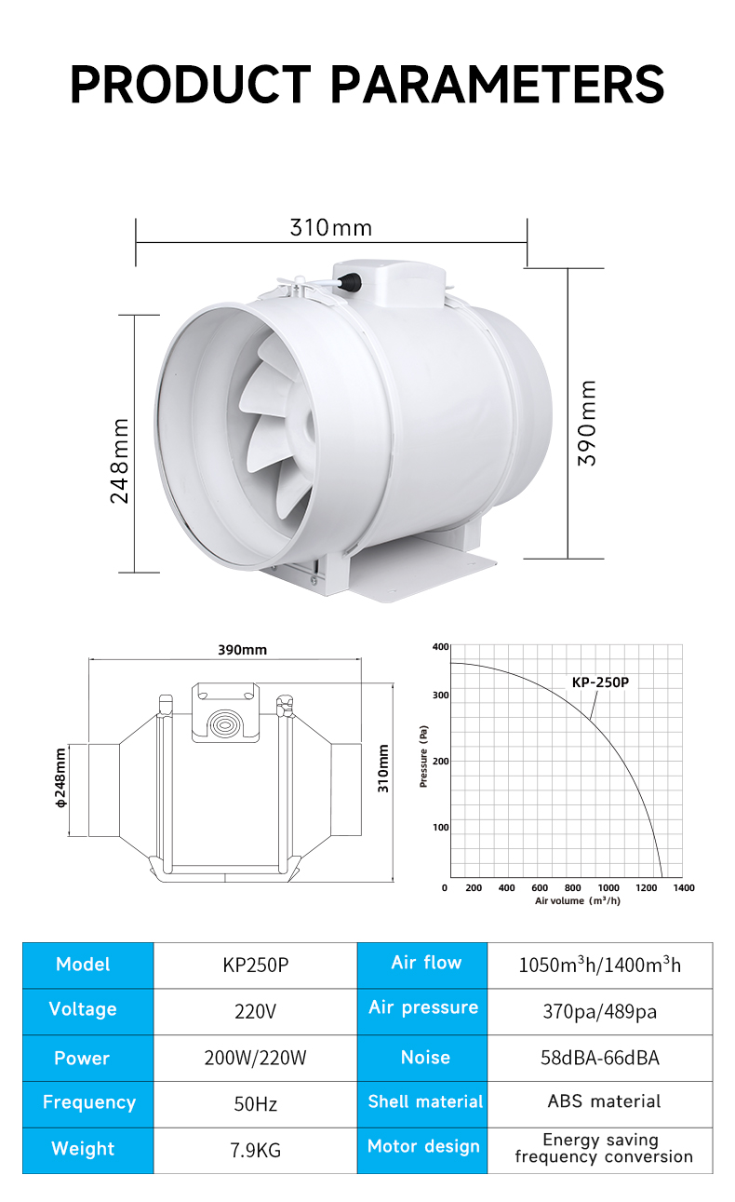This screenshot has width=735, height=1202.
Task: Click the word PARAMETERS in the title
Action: (498, 84)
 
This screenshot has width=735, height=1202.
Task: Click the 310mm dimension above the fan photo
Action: (331, 227)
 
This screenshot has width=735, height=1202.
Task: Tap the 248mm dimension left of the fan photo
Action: (119, 461)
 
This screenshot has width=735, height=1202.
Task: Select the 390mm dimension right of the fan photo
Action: (587, 424)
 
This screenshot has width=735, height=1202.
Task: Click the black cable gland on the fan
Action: (349, 281)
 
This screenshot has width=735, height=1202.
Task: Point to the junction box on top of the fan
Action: (389, 283)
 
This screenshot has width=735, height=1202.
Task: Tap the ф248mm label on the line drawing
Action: (60, 778)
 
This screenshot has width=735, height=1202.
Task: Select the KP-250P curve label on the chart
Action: (600, 682)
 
